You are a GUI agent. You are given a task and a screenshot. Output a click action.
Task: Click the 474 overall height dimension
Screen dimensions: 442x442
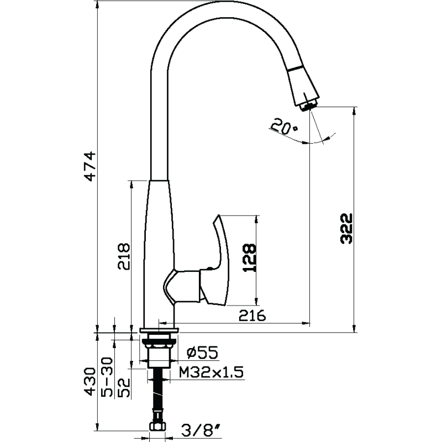[x=91, y=165]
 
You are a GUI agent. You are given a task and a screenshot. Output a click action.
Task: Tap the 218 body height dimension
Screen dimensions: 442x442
[x=124, y=256]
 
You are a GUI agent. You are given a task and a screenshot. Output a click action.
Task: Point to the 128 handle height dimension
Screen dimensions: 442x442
[x=250, y=258]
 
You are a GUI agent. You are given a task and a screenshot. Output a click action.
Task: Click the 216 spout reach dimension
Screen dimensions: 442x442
[x=252, y=315]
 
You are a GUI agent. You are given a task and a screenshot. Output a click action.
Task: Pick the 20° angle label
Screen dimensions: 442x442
[x=285, y=128]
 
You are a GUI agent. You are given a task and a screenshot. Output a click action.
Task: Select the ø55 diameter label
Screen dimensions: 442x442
[x=202, y=351]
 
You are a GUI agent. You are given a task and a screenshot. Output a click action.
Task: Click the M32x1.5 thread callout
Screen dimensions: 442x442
[x=212, y=372]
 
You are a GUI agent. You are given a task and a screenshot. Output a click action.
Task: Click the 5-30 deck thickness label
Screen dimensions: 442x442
[x=107, y=377]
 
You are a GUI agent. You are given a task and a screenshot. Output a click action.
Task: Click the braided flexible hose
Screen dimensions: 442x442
[x=159, y=398]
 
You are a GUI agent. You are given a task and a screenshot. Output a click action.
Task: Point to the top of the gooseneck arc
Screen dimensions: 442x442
[x=221, y=6]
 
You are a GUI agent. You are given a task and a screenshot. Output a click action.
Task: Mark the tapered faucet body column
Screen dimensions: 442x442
[x=157, y=238]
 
